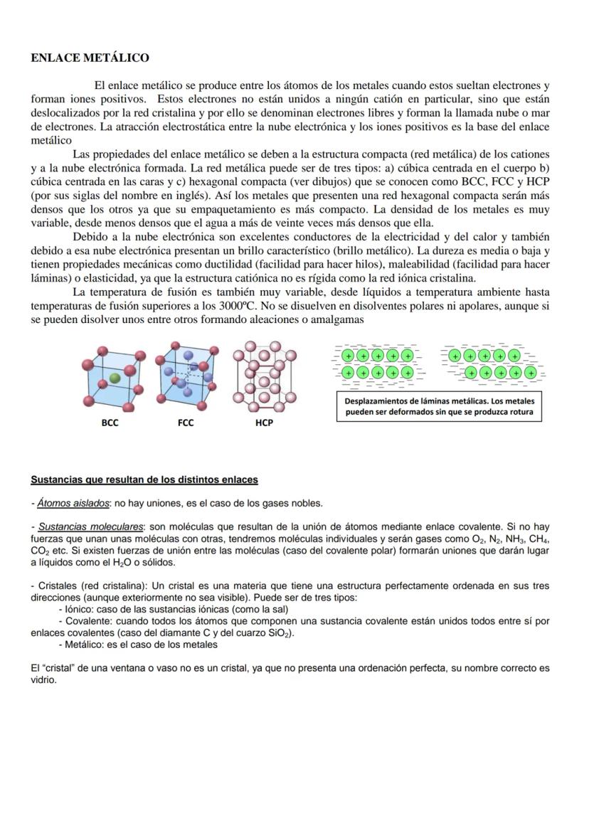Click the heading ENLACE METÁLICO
tap(90, 57)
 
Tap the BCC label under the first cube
tap(110, 423)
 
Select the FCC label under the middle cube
tap(186, 423)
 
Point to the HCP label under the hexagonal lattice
tap(264, 423)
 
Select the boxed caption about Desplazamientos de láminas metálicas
tap(439, 406)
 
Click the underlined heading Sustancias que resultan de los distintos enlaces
tap(144, 479)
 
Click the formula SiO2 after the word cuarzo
tap(280, 634)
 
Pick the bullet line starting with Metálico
tap(139, 645)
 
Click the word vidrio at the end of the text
tap(44, 680)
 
